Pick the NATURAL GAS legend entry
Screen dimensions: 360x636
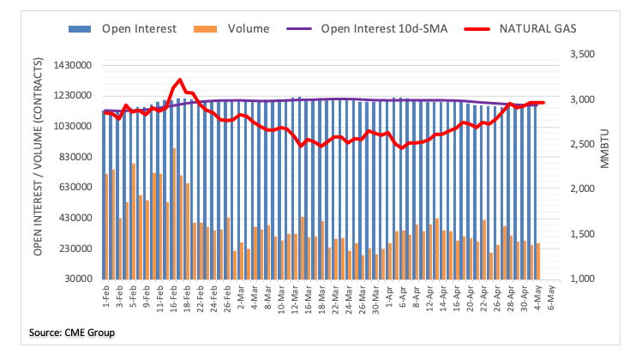(537, 29)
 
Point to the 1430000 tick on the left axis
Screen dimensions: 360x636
(70, 66)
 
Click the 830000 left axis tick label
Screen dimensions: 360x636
(73, 158)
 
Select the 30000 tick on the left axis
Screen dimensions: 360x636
(75, 279)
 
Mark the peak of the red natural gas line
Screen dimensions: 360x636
(179, 80)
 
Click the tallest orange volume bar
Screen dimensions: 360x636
(174, 213)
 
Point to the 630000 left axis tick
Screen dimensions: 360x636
(73, 188)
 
